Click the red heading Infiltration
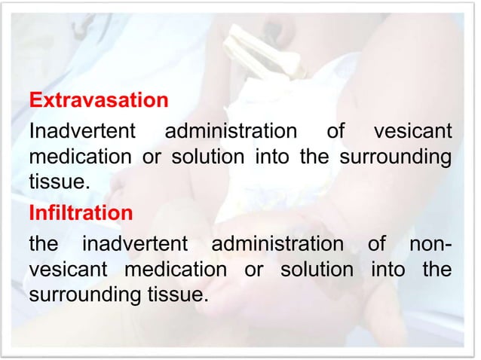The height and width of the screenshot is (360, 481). click(x=80, y=214)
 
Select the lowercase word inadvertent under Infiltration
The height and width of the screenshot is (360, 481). click(x=136, y=246)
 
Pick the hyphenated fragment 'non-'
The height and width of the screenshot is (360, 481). click(x=427, y=246)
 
